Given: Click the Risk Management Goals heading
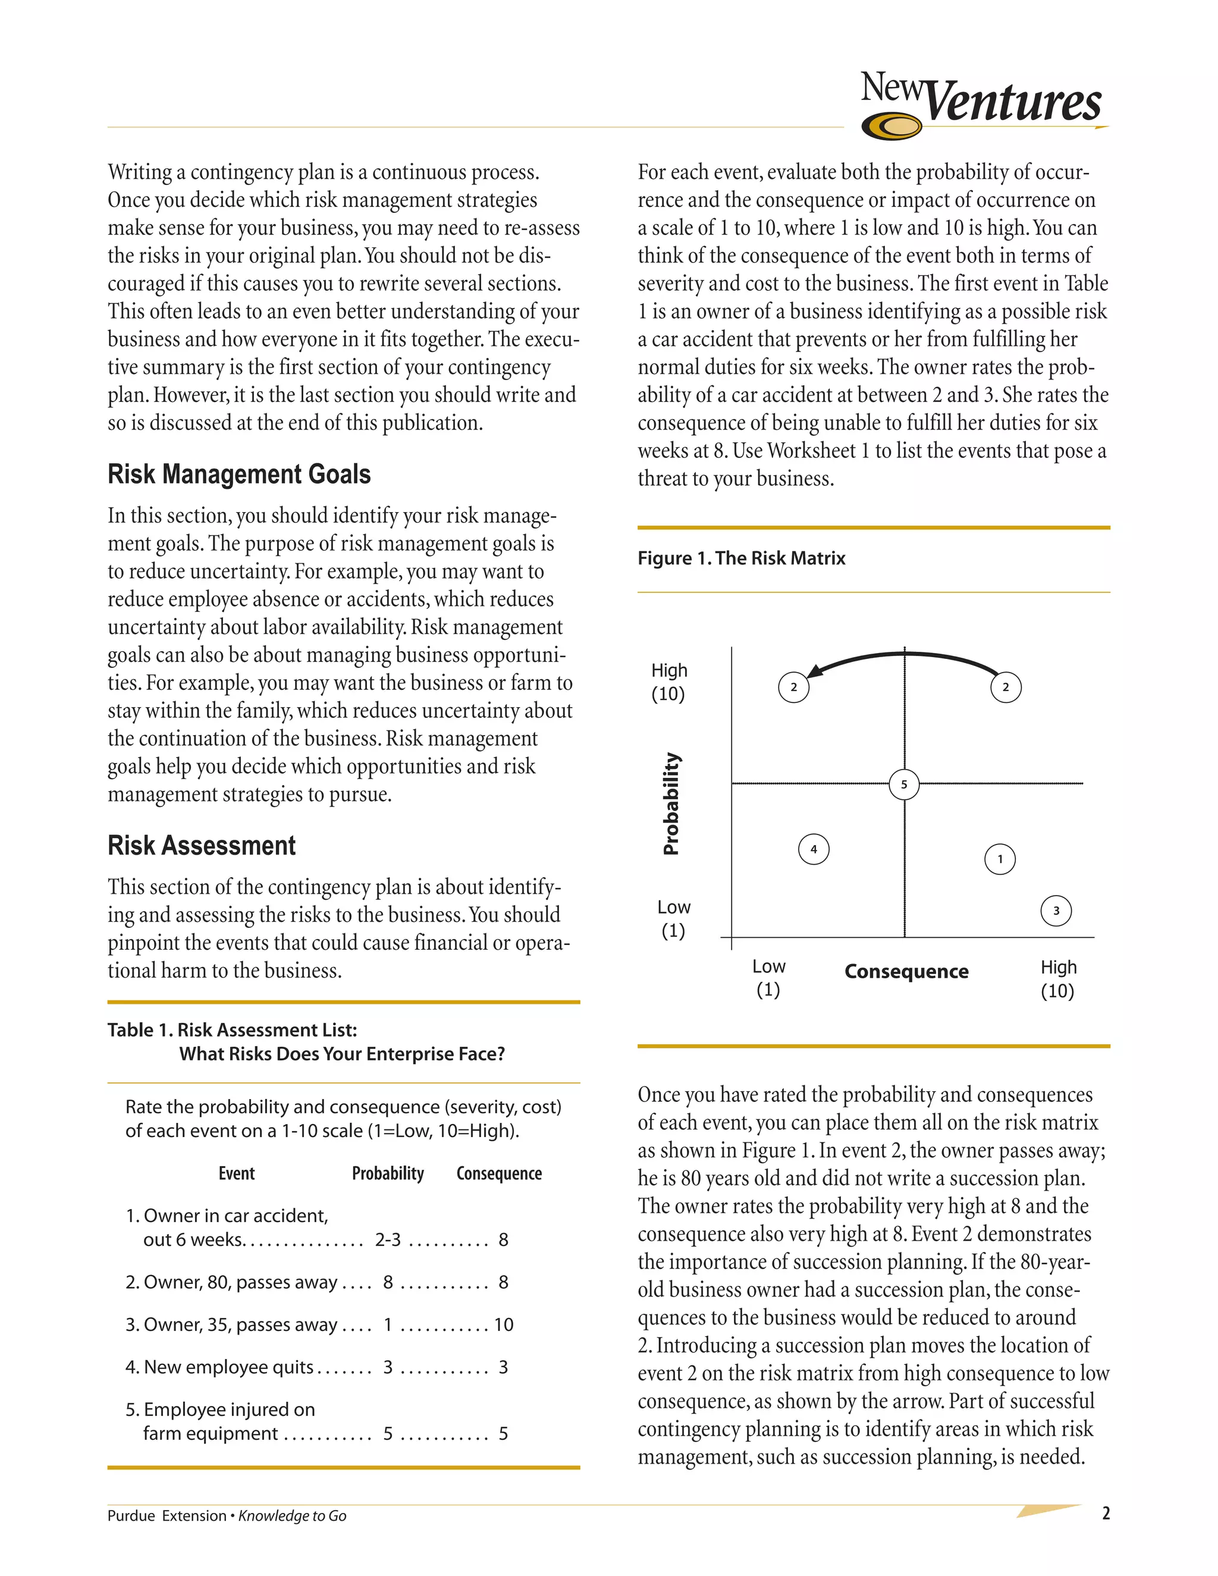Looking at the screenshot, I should pos(239,474).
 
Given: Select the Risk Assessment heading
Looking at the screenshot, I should pos(202,845).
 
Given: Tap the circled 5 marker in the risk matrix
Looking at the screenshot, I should pos(903,784).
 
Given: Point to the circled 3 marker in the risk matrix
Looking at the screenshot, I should pos(1056,910).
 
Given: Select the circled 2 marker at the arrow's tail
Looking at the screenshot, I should pos(1005,687).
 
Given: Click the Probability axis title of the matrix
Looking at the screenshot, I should pos(671,803).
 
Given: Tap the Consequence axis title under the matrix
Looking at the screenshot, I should pos(906,971).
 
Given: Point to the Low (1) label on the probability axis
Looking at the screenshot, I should pos(673,919).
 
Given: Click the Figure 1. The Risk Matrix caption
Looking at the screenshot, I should pos(741,558).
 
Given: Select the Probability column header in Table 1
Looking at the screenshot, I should pos(388,1173).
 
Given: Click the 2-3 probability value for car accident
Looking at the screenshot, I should pos(388,1240).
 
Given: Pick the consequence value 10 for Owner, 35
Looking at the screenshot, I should pos(503,1325).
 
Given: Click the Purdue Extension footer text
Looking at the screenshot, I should pos(167,1515).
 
